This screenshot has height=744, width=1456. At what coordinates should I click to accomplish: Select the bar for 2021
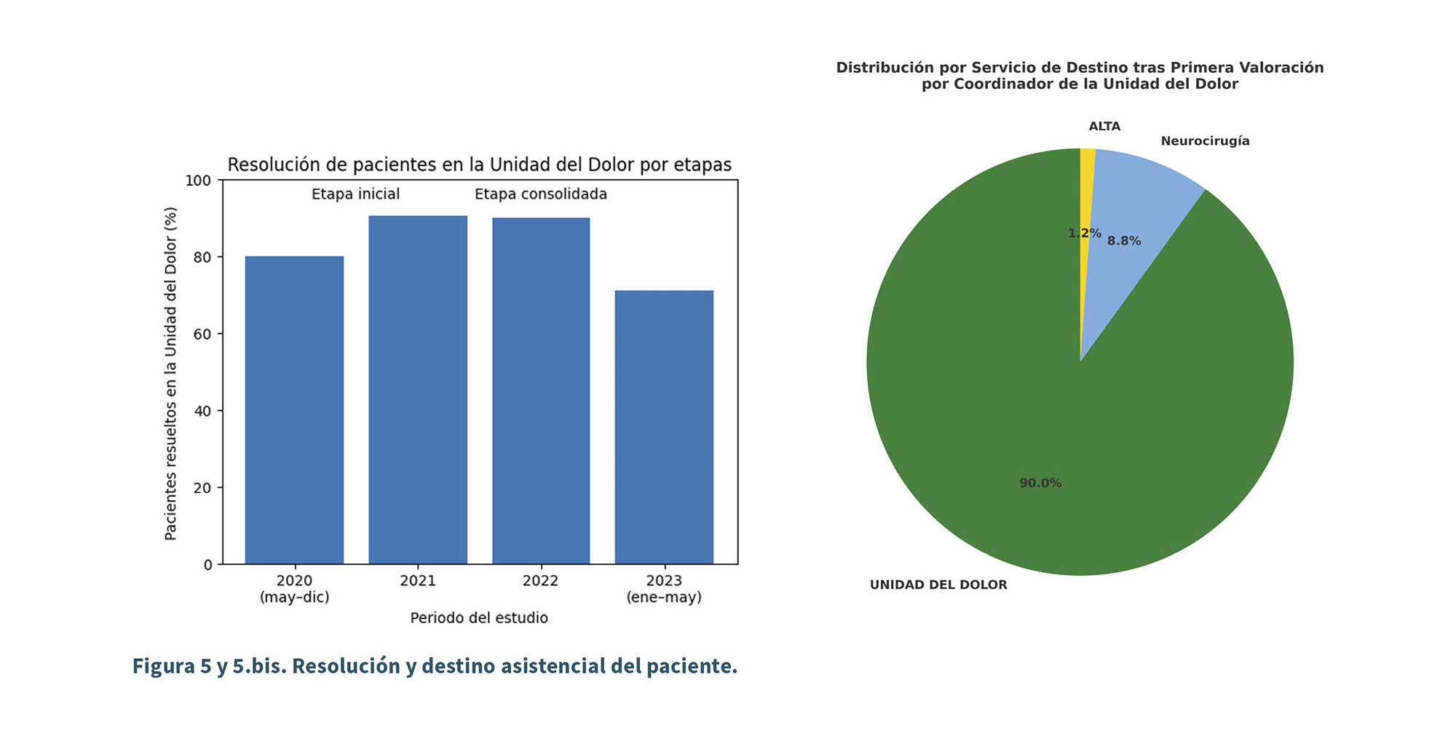(418, 389)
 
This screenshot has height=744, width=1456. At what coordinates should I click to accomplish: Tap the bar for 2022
(541, 391)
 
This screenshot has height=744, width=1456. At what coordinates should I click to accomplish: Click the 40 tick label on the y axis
(203, 411)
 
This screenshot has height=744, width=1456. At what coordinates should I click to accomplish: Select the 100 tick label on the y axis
(199, 181)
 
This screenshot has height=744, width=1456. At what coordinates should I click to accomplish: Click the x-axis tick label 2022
(541, 581)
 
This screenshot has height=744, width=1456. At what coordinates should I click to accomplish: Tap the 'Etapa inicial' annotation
(355, 194)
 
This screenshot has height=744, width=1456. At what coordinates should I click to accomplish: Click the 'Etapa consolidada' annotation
(541, 194)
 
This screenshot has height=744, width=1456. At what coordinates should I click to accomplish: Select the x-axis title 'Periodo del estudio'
(479, 618)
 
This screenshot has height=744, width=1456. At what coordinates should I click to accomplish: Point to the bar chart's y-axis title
(171, 373)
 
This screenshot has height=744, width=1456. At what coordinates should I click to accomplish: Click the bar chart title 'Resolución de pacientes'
(479, 165)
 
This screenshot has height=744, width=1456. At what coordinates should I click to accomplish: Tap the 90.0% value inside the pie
(1040, 483)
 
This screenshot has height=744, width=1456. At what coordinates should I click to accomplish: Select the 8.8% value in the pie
(1124, 241)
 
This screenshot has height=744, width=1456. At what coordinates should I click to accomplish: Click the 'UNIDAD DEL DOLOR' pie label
(938, 585)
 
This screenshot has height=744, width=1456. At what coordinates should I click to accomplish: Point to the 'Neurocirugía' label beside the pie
(1205, 141)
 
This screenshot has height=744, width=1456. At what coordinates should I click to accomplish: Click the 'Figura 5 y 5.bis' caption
(435, 666)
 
